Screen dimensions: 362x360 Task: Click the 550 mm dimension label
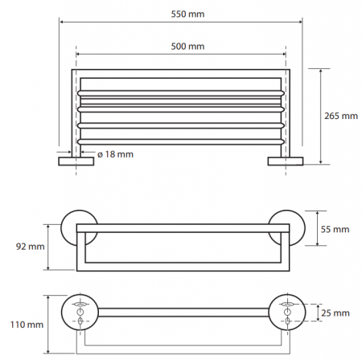[x=187, y=14]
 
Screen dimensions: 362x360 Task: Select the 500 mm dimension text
[x=187, y=47]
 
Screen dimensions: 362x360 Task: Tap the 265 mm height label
[x=341, y=116]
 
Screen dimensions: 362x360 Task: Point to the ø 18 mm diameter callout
[x=115, y=154]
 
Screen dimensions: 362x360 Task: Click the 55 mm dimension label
[x=335, y=229]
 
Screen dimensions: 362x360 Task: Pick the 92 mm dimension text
[x=31, y=247]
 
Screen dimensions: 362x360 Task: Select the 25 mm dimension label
[x=335, y=313]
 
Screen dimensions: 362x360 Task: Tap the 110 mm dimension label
[x=27, y=325]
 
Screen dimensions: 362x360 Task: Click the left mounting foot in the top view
[x=76, y=162]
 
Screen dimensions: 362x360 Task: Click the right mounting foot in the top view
[x=286, y=162]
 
